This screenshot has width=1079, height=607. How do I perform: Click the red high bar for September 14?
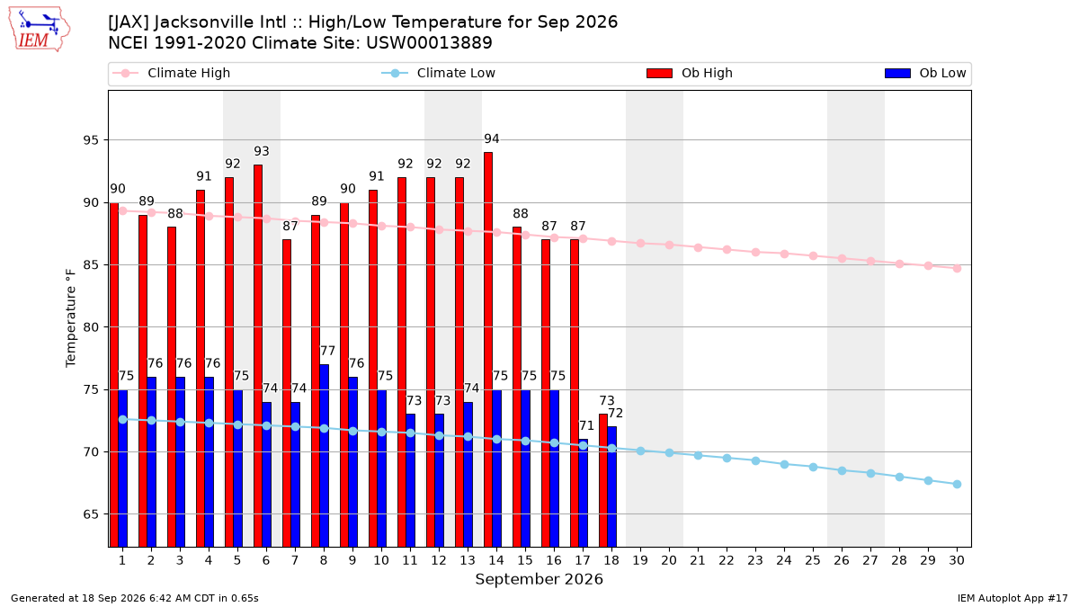pos(488,349)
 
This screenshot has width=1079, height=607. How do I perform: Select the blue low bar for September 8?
pos(325,455)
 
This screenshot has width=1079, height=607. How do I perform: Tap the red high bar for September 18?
pos(603,480)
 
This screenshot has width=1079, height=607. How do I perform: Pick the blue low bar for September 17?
pos(584,493)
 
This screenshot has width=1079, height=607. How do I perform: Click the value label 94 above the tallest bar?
pos(491,138)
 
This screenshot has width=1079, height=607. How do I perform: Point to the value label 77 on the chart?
pos(327,351)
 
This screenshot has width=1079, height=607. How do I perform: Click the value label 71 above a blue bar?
pos(586,425)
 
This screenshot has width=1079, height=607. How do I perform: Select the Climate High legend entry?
pos(171,73)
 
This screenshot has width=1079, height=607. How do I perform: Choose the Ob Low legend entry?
pos(925,73)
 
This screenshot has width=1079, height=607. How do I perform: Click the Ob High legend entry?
pos(690,73)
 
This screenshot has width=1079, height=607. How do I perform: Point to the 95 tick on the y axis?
pos(91,140)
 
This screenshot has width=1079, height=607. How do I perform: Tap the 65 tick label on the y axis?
pos(91,514)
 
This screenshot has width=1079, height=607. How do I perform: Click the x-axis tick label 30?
pos(957,560)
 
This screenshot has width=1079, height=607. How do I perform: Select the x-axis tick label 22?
pos(727,560)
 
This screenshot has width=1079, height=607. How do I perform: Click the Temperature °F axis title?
pos(71,318)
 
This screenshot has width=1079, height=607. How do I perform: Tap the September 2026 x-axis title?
pos(539,579)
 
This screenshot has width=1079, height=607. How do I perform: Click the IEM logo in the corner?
pos(39,30)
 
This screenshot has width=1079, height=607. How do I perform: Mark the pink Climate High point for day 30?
pos(957,268)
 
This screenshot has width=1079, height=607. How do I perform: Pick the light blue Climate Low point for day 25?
pos(813,468)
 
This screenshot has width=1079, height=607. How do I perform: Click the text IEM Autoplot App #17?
pos(1012,598)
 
